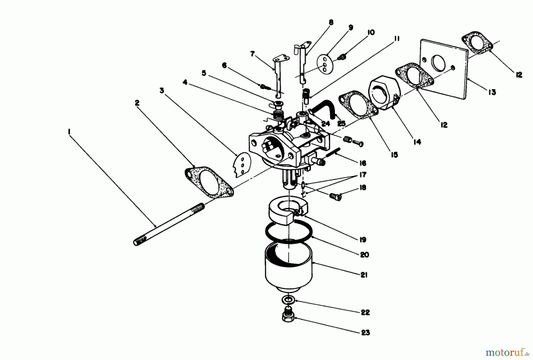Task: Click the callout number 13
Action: tap(492, 93)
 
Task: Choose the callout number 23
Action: tap(365, 333)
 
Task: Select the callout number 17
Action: tap(362, 175)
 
